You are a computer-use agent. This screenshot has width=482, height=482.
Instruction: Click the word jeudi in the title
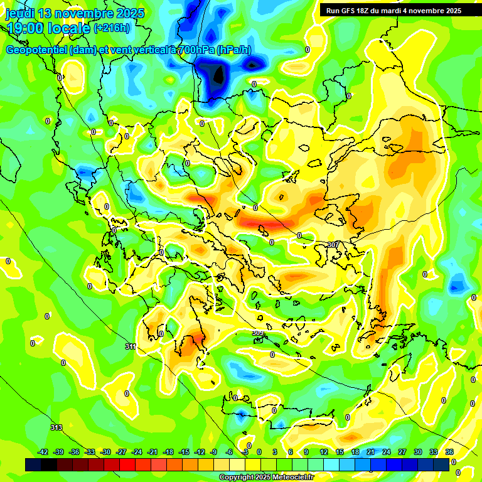coord(21,13)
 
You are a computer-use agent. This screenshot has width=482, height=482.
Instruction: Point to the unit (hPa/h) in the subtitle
coord(234,51)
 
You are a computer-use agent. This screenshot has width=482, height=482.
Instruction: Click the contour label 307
coord(333,244)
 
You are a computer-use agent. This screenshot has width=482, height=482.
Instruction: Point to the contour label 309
coord(257,333)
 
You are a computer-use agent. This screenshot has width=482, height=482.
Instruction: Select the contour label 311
coord(131,346)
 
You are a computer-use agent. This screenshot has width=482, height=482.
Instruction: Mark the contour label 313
coord(56,427)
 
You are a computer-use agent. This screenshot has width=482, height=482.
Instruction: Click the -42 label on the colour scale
coord(43,453)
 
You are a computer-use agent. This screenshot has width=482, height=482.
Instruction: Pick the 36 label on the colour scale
coord(449,453)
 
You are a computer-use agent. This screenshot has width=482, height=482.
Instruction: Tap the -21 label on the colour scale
coord(153,453)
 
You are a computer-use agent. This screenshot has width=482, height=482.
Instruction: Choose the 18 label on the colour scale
coord(355,453)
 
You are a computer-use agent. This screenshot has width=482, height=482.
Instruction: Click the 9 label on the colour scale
coord(306,453)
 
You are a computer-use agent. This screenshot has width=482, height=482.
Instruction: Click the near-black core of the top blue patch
coord(218,75)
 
